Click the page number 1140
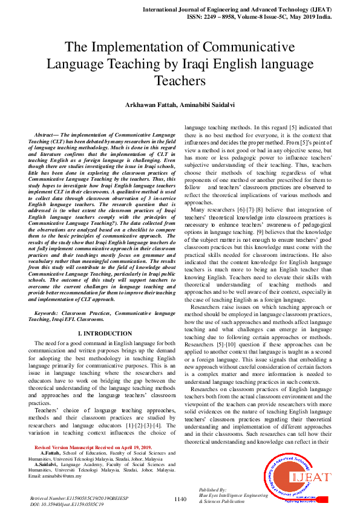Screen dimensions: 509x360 point(180,499)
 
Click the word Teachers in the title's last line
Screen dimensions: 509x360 point(180,80)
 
